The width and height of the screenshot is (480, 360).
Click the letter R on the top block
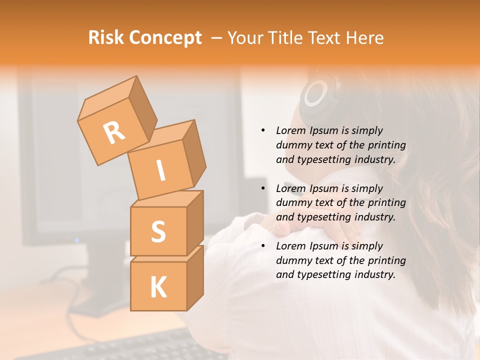click(x=114, y=132)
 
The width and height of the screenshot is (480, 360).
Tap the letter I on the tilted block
click(x=160, y=170)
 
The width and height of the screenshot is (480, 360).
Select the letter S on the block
click(x=158, y=231)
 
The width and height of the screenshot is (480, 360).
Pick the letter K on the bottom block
click(x=158, y=287)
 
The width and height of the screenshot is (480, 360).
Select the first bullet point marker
click(x=263, y=130)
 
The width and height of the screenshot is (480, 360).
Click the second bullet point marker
click(x=263, y=188)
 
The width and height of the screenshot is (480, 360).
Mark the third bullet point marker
click(x=263, y=246)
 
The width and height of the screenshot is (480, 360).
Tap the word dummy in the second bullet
click(x=292, y=202)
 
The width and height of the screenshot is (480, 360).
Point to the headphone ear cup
click(x=315, y=92)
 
